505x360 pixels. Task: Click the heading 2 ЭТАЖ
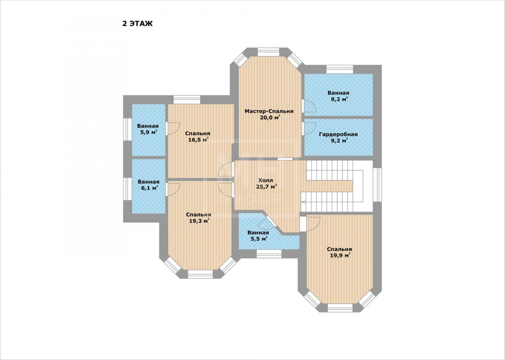(137, 24)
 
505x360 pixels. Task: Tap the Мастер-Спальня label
(269, 111)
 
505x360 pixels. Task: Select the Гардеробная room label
(338, 134)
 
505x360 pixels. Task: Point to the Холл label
(265, 180)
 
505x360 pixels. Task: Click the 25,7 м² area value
(267, 187)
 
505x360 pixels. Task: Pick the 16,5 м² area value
(198, 140)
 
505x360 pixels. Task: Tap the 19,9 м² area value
(340, 255)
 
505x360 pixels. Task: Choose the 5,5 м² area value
(259, 239)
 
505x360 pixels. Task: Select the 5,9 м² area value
(149, 132)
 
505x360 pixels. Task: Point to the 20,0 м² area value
(270, 117)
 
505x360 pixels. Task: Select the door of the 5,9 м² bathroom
(172, 128)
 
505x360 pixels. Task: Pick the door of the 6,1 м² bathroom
(172, 190)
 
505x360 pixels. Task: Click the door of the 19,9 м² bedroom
(310, 224)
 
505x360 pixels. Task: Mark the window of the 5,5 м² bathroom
(269, 254)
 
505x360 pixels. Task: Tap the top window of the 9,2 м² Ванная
(339, 69)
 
